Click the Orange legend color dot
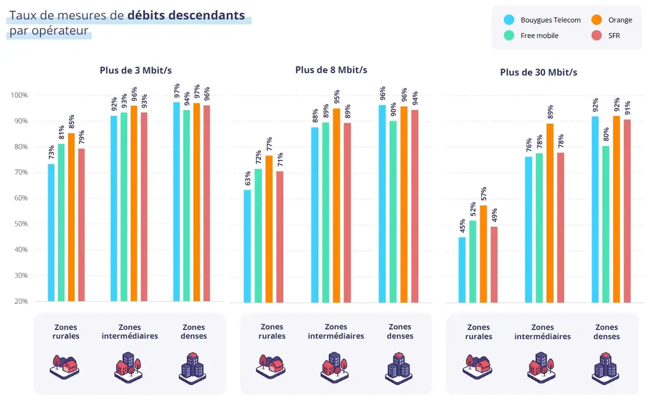click(593, 20)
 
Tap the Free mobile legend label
click(539, 36)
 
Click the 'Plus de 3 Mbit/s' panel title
click(136, 70)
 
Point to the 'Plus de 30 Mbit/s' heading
click(538, 72)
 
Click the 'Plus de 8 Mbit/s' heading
click(331, 70)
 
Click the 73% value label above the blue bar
click(51, 153)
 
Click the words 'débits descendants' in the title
click(186, 15)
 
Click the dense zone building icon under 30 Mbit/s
click(606, 366)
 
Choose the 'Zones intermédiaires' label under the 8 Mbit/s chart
click(336, 331)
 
